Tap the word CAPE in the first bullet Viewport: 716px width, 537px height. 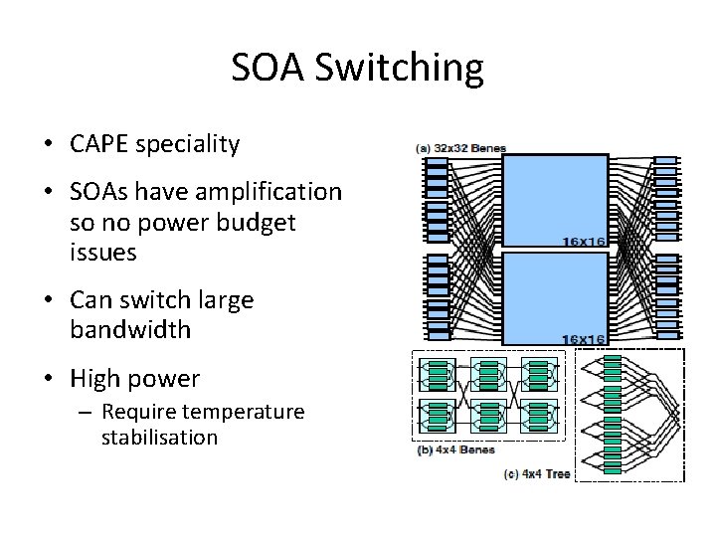point(100,144)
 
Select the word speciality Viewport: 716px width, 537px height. point(188,145)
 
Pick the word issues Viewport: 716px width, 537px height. point(103,253)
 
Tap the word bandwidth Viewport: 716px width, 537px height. point(129,330)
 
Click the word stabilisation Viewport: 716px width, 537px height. point(159,437)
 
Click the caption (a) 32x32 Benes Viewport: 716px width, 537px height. point(460,149)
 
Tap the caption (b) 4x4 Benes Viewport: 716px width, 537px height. point(454,449)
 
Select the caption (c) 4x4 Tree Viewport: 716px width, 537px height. point(537,473)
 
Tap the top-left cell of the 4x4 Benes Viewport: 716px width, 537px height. point(438,375)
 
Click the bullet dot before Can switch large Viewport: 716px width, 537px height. point(48,300)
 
